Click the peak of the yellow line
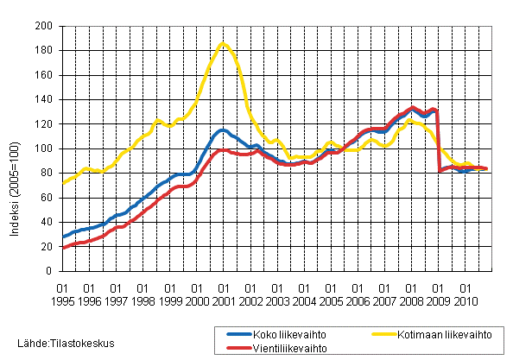223,43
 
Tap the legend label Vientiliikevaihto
278,348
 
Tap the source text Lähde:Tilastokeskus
59,343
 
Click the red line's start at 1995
63,248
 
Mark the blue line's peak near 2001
223,130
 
